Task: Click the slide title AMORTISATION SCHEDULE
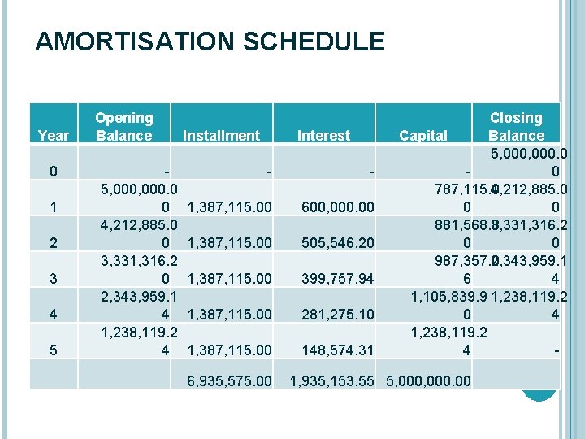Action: pyautogui.click(x=210, y=41)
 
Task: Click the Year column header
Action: pyautogui.click(x=54, y=136)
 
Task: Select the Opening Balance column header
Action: pyautogui.click(x=123, y=127)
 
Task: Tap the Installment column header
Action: pyautogui.click(x=221, y=136)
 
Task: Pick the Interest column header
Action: pyautogui.click(x=324, y=136)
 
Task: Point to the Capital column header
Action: pyautogui.click(x=423, y=136)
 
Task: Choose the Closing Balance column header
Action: pyautogui.click(x=516, y=127)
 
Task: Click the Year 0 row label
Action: pyautogui.click(x=53, y=172)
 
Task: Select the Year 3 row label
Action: pyautogui.click(x=53, y=279)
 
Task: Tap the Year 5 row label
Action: pyautogui.click(x=53, y=350)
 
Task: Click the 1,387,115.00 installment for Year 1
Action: pyautogui.click(x=229, y=207)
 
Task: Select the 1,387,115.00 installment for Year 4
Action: pyautogui.click(x=229, y=315)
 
